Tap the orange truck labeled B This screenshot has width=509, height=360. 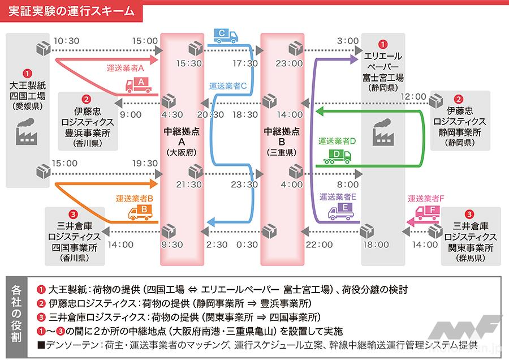pos(140,212)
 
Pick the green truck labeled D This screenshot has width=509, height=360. pos(337,156)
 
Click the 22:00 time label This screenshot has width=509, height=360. pos(320,245)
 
